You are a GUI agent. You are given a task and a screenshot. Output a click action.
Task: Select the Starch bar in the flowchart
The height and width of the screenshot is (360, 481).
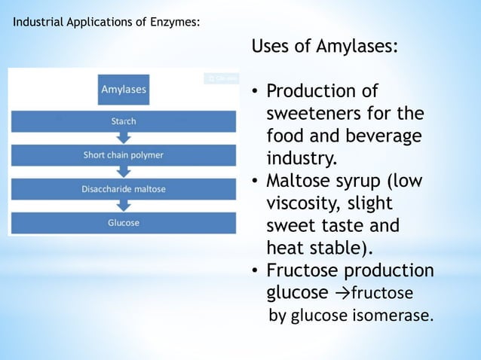(x=124, y=121)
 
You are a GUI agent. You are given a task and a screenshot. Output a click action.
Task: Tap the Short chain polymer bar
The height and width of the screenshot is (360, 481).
(x=124, y=155)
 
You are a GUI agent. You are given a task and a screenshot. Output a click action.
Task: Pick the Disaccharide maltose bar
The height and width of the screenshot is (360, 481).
(x=124, y=189)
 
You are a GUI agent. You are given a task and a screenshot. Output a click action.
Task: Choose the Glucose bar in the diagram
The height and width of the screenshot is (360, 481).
(x=124, y=223)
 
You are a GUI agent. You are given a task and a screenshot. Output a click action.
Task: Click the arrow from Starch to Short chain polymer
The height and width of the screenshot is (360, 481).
(x=124, y=136)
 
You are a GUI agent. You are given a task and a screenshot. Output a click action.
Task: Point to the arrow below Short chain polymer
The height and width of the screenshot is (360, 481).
(x=124, y=171)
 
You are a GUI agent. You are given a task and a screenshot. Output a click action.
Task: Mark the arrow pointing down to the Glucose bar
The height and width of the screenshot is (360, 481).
(x=124, y=205)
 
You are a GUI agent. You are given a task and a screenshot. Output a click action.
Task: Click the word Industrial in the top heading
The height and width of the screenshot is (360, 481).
(x=38, y=22)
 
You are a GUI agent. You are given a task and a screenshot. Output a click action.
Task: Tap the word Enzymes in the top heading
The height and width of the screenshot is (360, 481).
(x=176, y=22)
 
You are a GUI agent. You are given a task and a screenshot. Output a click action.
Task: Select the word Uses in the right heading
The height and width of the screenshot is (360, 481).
(x=270, y=47)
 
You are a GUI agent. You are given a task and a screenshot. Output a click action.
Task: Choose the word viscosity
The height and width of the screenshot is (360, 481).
(x=300, y=205)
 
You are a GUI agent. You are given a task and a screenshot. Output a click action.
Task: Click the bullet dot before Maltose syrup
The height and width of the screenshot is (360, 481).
(x=256, y=182)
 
